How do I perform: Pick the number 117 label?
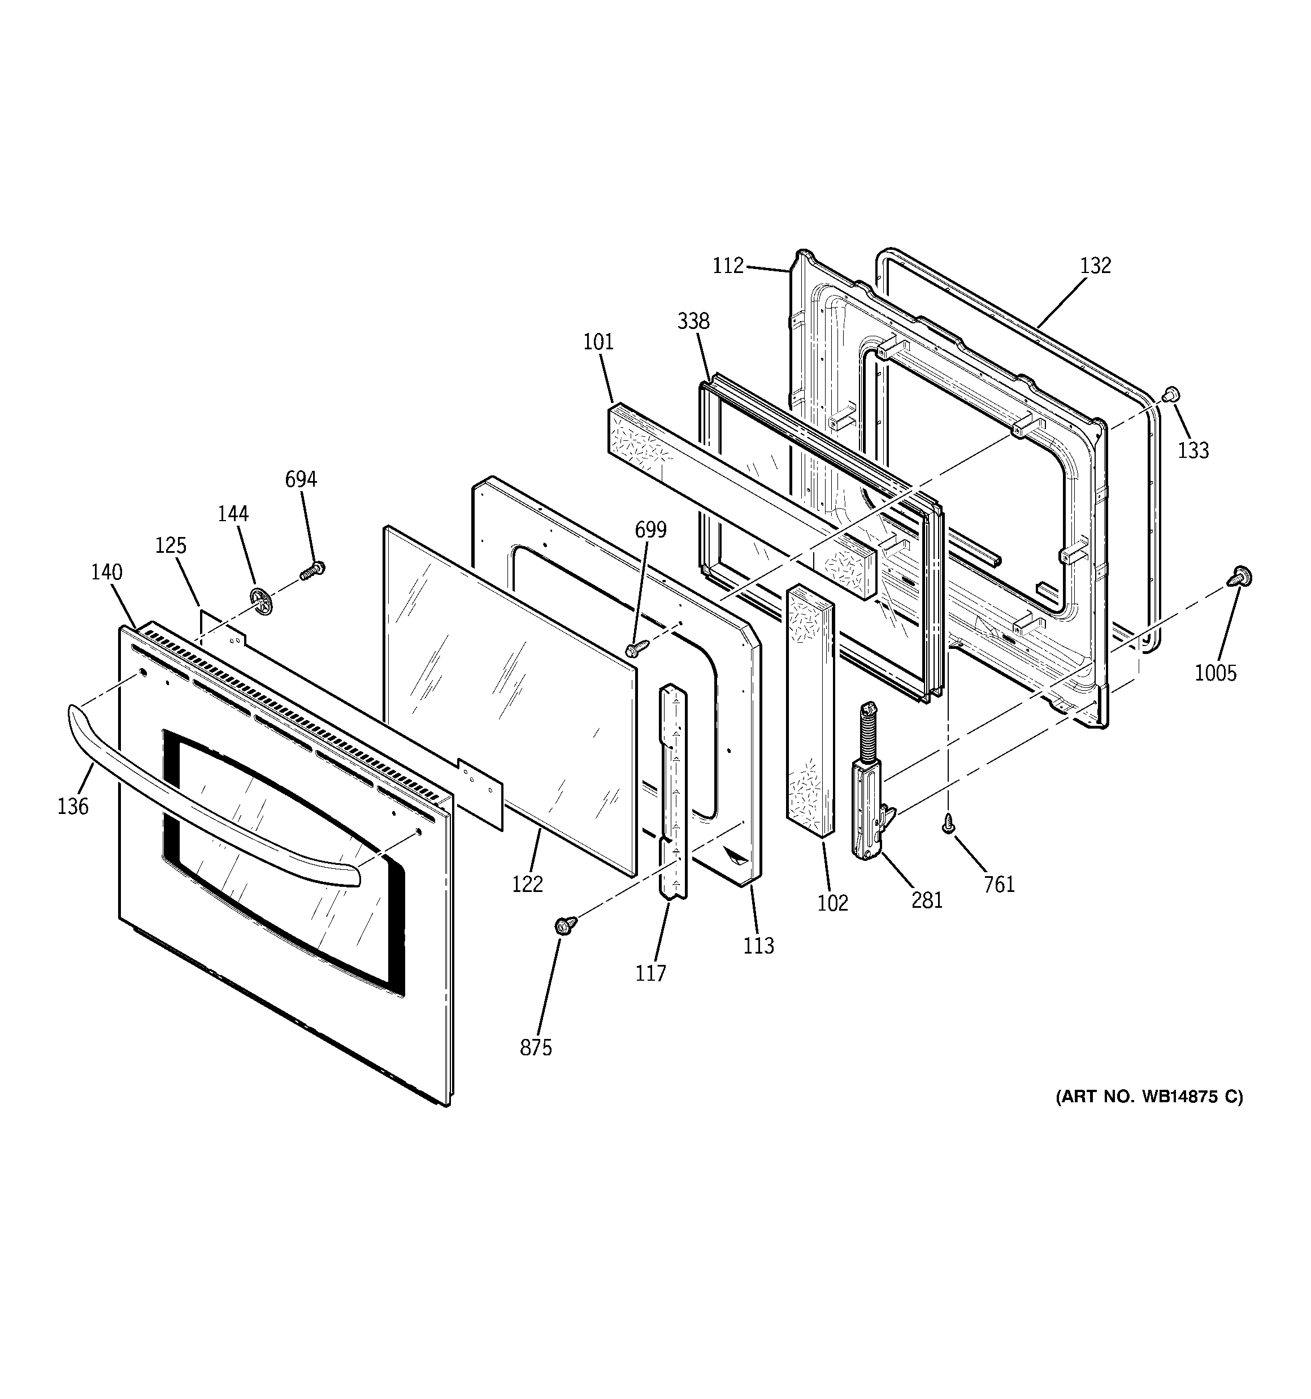(650, 973)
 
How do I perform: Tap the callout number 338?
(693, 322)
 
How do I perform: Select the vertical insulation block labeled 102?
(809, 711)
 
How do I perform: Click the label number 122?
(527, 884)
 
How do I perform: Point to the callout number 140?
(106, 572)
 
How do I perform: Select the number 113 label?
(758, 946)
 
